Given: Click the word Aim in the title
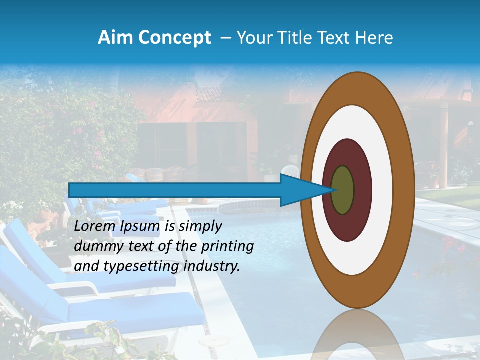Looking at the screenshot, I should click(x=114, y=38).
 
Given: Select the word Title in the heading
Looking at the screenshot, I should click(x=292, y=38).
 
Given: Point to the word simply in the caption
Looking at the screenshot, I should click(x=200, y=227).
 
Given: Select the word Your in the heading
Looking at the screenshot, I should click(x=253, y=38).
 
